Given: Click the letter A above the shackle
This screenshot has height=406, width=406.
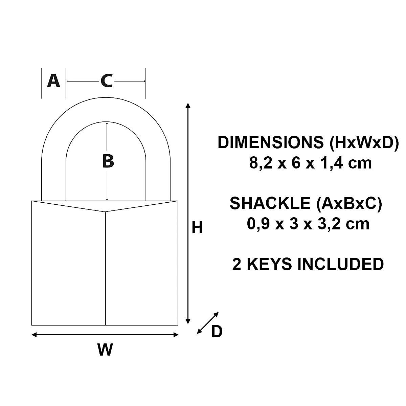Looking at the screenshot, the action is click(x=53, y=81).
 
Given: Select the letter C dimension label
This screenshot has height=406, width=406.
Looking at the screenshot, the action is click(x=106, y=81).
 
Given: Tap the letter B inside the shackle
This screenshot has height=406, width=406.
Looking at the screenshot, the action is click(x=108, y=161).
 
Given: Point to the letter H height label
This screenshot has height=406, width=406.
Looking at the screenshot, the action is click(x=197, y=228).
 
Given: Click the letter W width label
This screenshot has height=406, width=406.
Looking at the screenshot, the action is click(x=105, y=349).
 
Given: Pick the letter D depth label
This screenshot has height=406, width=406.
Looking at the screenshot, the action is click(x=217, y=332).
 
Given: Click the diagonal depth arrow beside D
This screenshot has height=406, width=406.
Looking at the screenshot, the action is click(x=207, y=323).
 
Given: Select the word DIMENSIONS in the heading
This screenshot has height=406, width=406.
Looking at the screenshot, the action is click(x=271, y=142).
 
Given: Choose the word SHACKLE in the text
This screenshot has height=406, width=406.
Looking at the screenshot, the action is click(x=270, y=203).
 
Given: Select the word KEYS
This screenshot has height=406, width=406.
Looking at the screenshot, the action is click(x=269, y=264).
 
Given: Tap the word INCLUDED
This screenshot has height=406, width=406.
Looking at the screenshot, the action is click(x=340, y=264).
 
